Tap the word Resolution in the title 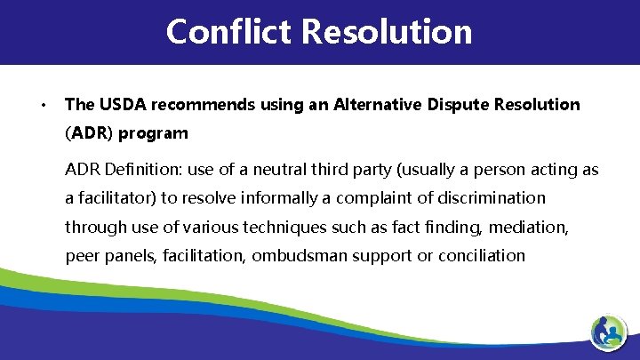[x=387, y=32]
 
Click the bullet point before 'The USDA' [x=43, y=106]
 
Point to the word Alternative [x=380, y=105]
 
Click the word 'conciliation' [x=481, y=256]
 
